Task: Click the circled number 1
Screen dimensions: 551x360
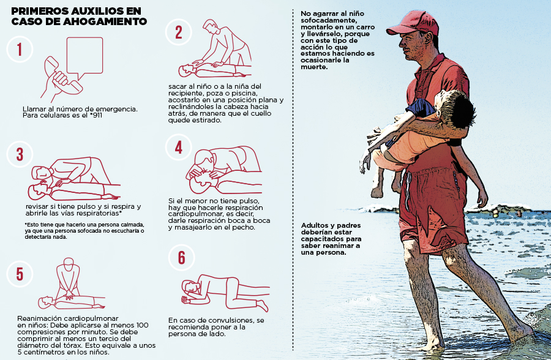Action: (x=20, y=49)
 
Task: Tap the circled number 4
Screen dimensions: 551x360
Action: (x=179, y=148)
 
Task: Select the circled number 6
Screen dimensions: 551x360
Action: (x=181, y=258)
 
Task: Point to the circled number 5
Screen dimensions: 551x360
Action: (x=20, y=274)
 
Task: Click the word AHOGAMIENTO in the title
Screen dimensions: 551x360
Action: (x=105, y=21)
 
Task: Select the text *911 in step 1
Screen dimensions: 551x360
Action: (x=96, y=115)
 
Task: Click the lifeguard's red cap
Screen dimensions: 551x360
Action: (x=414, y=23)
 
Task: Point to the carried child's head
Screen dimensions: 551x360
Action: (x=455, y=107)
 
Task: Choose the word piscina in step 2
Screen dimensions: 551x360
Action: (x=244, y=93)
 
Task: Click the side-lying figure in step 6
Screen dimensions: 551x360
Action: (x=225, y=293)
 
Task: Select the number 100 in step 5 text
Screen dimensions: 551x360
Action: (x=142, y=325)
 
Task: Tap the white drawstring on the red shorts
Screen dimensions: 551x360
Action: (x=407, y=190)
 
